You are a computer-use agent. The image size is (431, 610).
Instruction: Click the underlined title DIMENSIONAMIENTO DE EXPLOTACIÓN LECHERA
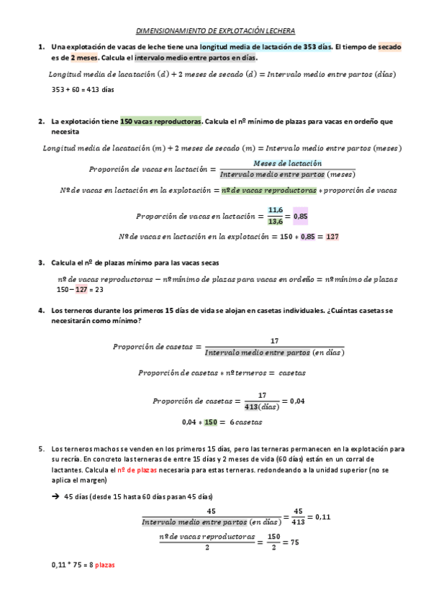[216, 31]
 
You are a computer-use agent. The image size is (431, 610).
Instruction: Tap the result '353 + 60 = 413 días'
[83, 89]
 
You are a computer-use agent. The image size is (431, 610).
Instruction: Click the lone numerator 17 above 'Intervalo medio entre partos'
[274, 341]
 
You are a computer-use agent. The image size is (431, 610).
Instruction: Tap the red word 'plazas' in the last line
[105, 565]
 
